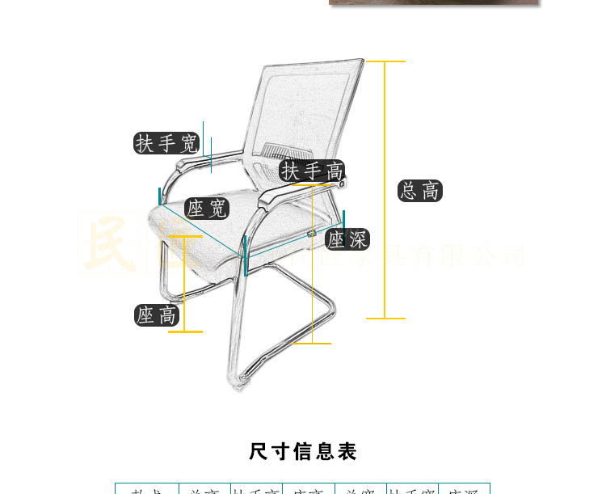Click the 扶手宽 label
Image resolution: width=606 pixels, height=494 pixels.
(166, 143)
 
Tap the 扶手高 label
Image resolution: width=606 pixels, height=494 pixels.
(313, 171)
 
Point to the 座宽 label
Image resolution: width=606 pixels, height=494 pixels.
(207, 208)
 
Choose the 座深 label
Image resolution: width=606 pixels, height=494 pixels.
(347, 239)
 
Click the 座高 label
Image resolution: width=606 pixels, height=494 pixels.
(157, 315)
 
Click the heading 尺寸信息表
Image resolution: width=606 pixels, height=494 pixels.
(303, 451)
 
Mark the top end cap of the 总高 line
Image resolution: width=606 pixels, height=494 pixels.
(385, 61)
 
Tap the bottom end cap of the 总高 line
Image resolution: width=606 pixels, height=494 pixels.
(385, 319)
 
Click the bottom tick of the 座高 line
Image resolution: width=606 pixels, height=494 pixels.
(185, 331)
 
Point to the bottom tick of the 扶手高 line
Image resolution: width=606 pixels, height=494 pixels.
(312, 344)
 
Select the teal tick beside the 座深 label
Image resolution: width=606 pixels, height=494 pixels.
(343, 218)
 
